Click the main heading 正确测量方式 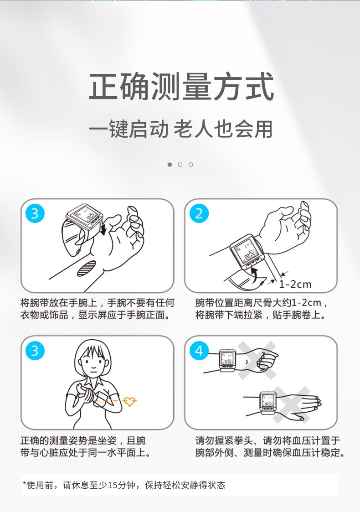181,87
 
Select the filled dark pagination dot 170,165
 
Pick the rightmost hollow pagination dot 190,165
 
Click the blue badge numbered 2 199,213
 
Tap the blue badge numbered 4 199,351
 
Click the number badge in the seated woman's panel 35,351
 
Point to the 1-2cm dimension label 295,284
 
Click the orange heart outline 129,401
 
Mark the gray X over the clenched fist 257,361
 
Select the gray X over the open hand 291,405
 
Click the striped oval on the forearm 87,268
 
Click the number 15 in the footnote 113,485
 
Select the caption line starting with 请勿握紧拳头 267,441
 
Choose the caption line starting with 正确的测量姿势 83,441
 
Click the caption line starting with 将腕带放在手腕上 97,303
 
